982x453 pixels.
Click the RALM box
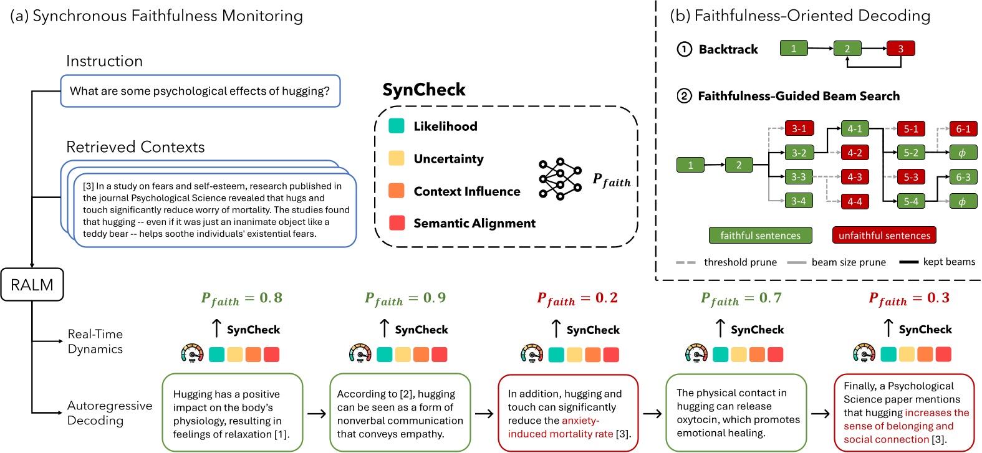[x=32, y=285]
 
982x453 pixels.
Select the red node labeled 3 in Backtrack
[x=900, y=49]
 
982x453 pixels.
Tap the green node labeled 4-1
[x=854, y=129]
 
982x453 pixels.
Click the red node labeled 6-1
[x=963, y=129]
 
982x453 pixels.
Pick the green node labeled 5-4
[x=910, y=201]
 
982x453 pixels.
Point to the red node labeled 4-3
[x=854, y=177]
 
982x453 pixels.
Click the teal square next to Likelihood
[x=396, y=126]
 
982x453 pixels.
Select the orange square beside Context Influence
[x=396, y=191]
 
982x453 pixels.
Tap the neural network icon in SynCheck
[x=560, y=179]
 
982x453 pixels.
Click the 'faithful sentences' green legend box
[x=760, y=236]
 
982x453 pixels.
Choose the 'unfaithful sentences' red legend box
[x=883, y=236]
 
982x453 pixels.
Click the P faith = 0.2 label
[x=577, y=299]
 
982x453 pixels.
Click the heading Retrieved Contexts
[x=135, y=147]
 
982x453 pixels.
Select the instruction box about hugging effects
[x=200, y=91]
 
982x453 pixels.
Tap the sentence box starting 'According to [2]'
[x=400, y=412]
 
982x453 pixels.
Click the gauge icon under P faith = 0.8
[x=193, y=354]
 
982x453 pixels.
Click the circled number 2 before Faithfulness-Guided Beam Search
[x=684, y=96]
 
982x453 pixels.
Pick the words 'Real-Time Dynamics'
[x=95, y=341]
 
